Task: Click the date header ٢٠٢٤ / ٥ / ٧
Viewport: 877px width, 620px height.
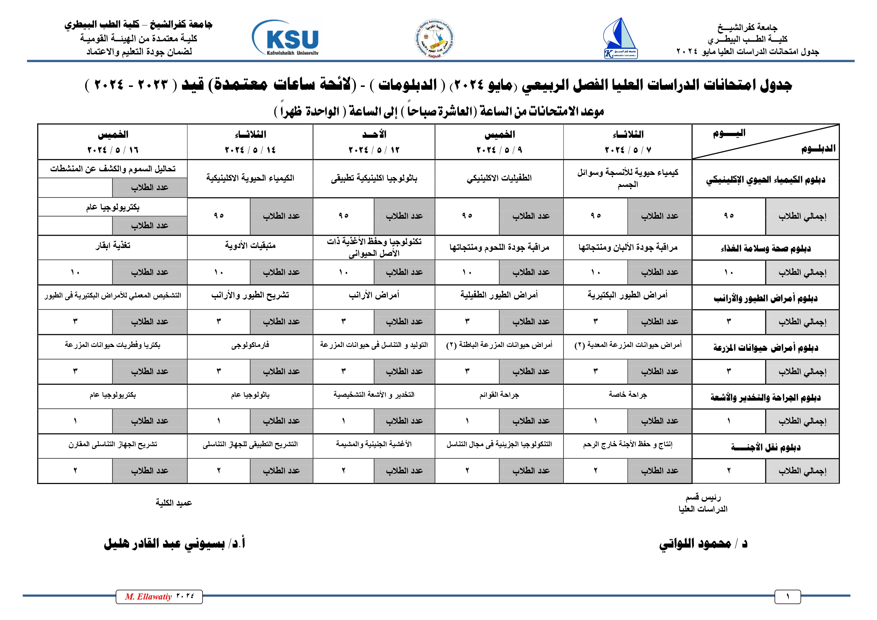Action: click(x=627, y=150)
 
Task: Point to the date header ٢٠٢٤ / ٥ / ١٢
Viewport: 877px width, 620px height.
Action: click(x=374, y=150)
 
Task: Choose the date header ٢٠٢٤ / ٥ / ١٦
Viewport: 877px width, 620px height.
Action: click(x=113, y=150)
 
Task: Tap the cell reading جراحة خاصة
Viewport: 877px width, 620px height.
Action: click(x=627, y=395)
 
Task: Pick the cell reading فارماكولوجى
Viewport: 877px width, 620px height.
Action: click(x=250, y=345)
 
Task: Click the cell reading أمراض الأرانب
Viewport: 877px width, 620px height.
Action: click(x=374, y=295)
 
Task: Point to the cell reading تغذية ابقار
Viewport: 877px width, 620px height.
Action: click(x=113, y=246)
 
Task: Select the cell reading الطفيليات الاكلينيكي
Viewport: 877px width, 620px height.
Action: click(x=499, y=178)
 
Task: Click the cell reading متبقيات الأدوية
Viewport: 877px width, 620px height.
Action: click(x=250, y=246)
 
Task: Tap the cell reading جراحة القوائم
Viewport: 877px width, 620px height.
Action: click(x=499, y=395)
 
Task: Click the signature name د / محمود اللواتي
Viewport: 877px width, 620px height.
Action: click(x=703, y=543)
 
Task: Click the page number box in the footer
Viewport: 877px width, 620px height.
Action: click(x=787, y=597)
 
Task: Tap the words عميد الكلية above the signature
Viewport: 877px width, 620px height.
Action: click(x=174, y=503)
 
